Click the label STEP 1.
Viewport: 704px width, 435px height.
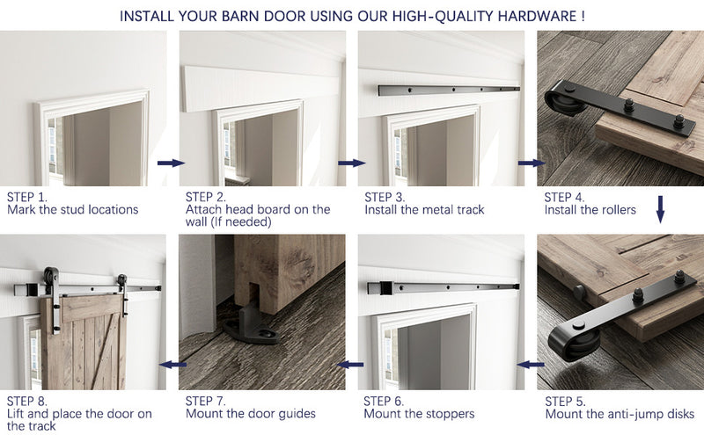click(x=27, y=197)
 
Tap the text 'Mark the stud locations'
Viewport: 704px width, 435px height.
click(x=73, y=210)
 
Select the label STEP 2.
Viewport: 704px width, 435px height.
click(x=206, y=197)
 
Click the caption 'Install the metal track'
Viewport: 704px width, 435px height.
click(x=424, y=210)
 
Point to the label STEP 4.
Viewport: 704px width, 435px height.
click(x=565, y=197)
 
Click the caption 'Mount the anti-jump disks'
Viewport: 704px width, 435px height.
click(x=620, y=414)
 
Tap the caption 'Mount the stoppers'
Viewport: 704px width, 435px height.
click(x=419, y=414)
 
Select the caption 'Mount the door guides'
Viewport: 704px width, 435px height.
click(x=251, y=414)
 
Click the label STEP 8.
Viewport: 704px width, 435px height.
click(x=27, y=401)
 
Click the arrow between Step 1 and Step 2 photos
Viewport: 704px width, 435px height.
click(x=171, y=163)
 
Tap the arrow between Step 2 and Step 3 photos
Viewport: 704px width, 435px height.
click(x=351, y=163)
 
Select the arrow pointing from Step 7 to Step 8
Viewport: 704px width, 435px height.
click(x=171, y=363)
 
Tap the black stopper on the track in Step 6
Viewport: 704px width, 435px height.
click(x=383, y=288)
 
